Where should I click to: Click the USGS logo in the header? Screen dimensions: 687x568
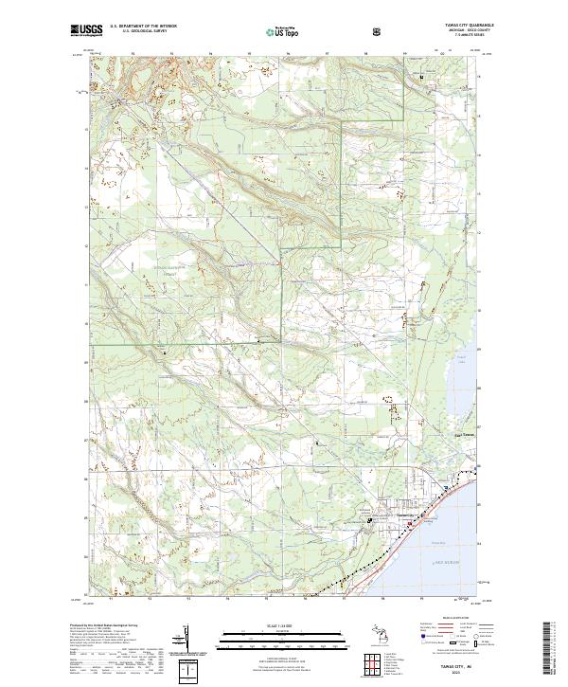[86, 30]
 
